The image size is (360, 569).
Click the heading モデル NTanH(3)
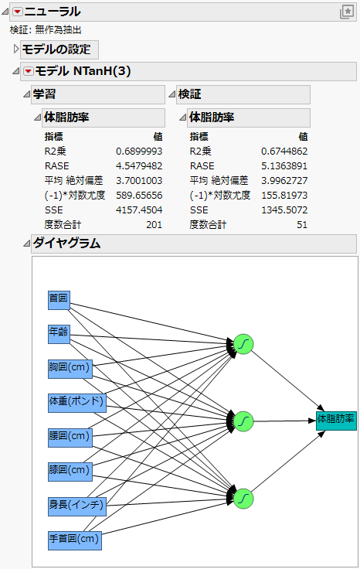[84, 71]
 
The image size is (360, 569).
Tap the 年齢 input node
[59, 333]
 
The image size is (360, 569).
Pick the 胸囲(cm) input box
[70, 368]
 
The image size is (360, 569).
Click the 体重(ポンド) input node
[76, 402]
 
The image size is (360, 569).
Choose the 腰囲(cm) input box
[70, 436]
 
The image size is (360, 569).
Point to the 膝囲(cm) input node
[70, 470]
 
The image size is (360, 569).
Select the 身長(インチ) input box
[76, 505]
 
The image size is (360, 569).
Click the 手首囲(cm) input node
[75, 539]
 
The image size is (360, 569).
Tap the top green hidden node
[243, 345]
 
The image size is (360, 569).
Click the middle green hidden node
[243, 421]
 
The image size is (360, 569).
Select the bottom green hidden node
[243, 497]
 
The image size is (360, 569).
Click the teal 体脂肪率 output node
[336, 420]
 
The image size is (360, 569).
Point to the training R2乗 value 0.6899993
[139, 152]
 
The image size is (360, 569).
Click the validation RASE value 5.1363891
[286, 166]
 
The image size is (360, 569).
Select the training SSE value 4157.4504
[139, 210]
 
